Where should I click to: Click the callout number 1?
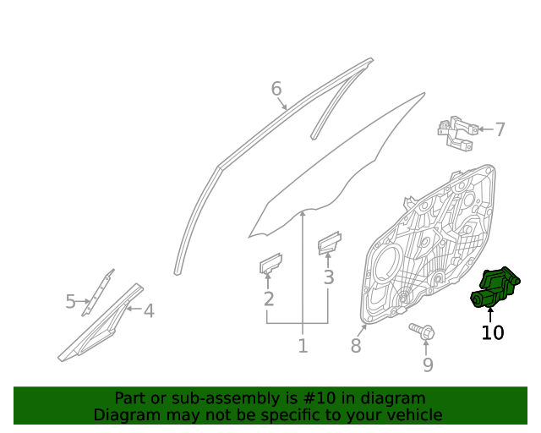[x=303, y=346]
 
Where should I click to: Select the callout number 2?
[x=269, y=299]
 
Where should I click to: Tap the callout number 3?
[x=329, y=277]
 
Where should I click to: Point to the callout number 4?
[x=149, y=311]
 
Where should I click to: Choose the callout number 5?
[x=71, y=301]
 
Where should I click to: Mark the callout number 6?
[x=276, y=89]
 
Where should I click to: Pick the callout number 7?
[x=500, y=129]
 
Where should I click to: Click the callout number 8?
[x=356, y=346]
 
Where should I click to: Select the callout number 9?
[x=428, y=364]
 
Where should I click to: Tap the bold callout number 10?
[x=492, y=332]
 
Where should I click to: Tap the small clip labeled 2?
[x=270, y=263]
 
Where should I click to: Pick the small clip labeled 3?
[x=328, y=244]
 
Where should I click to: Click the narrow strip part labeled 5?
[x=98, y=292]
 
